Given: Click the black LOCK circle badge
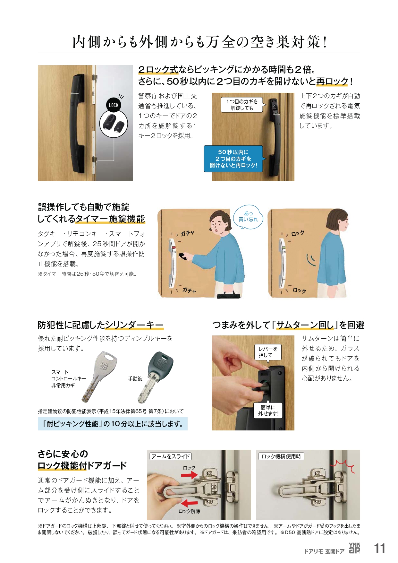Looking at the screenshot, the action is click(x=114, y=105).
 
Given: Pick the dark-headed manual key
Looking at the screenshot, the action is click(x=156, y=377).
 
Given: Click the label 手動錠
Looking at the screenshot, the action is click(x=135, y=379).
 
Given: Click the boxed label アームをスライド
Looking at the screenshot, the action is click(x=171, y=456).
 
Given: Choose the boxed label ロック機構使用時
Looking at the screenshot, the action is click(x=281, y=456).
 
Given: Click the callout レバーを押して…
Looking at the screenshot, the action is click(x=268, y=352).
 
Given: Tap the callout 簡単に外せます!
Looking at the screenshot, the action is click(x=268, y=411).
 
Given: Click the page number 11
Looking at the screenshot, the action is click(x=380, y=548).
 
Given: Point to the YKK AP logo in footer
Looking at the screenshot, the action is click(x=354, y=548).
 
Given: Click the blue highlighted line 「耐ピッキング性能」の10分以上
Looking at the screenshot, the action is click(x=113, y=424).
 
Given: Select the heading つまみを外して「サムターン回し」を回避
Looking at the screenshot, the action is click(x=288, y=325).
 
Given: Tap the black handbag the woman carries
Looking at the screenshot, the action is click(x=228, y=294).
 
